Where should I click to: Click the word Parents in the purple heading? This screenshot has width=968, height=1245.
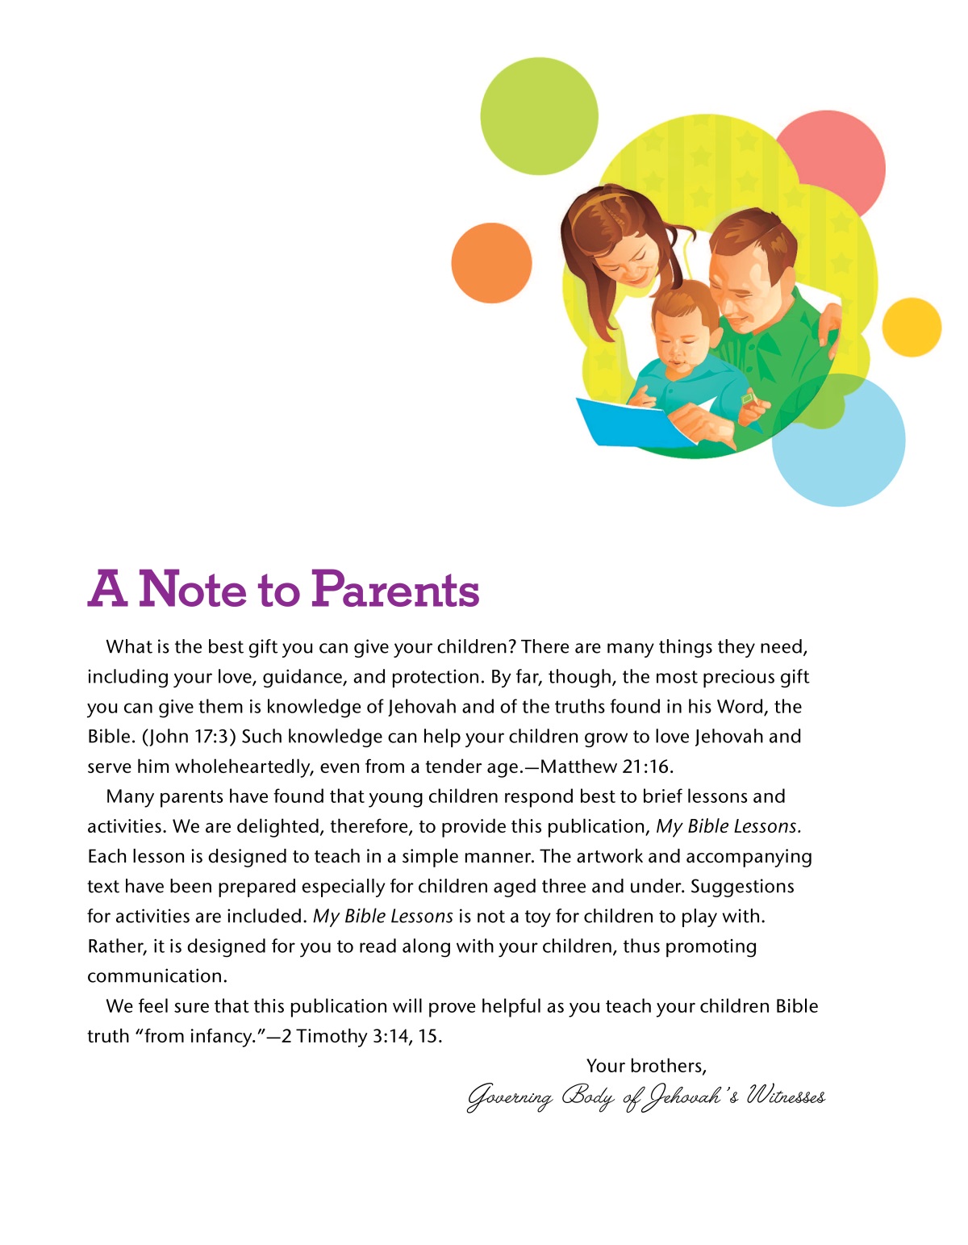[395, 590]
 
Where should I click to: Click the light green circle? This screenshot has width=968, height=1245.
[539, 115]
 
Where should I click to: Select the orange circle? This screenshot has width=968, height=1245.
[491, 263]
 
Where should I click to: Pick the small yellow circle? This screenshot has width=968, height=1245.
[912, 327]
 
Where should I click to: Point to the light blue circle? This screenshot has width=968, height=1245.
[847, 452]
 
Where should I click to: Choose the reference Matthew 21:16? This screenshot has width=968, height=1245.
[606, 767]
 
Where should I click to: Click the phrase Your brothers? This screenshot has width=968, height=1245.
[645, 1066]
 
